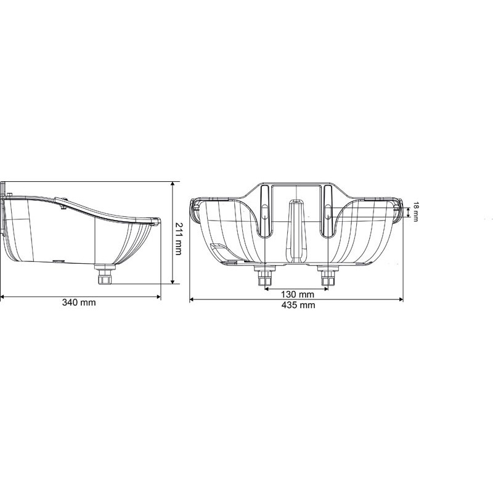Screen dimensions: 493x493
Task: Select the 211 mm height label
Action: tap(179, 234)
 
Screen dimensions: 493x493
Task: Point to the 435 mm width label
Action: tap(296, 306)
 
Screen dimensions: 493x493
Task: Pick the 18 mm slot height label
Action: tap(415, 212)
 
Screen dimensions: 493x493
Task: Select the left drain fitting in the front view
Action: tap(266, 278)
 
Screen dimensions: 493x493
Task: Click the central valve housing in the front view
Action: tap(296, 228)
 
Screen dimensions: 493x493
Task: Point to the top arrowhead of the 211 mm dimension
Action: tap(172, 184)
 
